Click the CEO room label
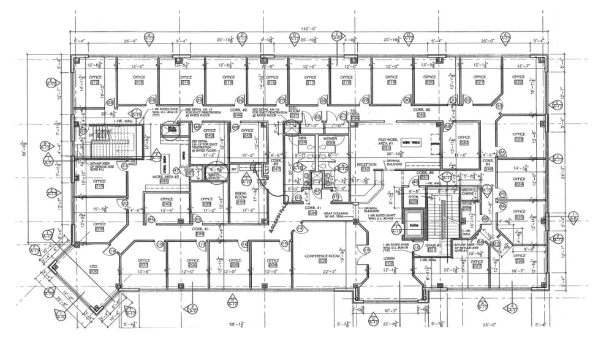(x=94, y=268)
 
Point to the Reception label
(x=366, y=165)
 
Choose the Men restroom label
(x=301, y=139)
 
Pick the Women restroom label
(x=330, y=139)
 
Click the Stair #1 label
(x=431, y=247)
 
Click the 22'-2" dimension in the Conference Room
(x=329, y=272)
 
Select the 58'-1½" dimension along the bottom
(x=235, y=324)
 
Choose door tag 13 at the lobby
(x=366, y=251)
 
